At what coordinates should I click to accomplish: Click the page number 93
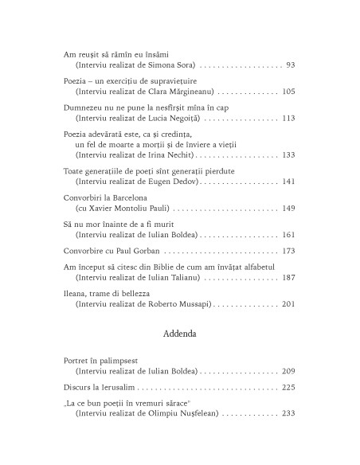290,64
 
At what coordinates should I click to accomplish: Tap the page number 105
288,92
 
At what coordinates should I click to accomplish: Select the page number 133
288,154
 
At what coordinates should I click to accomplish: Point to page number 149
288,208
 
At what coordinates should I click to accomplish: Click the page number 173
288,251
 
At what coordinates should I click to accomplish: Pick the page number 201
288,304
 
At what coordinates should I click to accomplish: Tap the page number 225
288,388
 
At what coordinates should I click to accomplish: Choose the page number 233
288,414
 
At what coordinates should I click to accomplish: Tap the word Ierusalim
116,388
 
